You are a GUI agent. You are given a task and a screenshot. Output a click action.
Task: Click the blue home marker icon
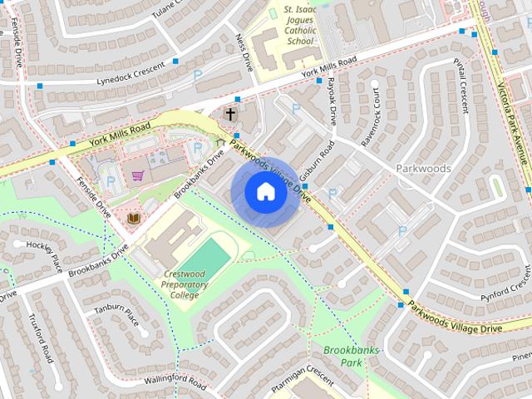(265, 192)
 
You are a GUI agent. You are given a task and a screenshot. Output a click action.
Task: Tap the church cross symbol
(230, 114)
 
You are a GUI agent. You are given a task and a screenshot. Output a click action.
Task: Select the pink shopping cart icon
(138, 175)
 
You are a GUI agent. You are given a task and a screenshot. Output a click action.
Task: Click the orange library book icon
(132, 219)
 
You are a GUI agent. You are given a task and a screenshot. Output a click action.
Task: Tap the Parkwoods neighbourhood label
(423, 168)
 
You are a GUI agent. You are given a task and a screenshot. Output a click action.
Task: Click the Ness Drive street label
(245, 51)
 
